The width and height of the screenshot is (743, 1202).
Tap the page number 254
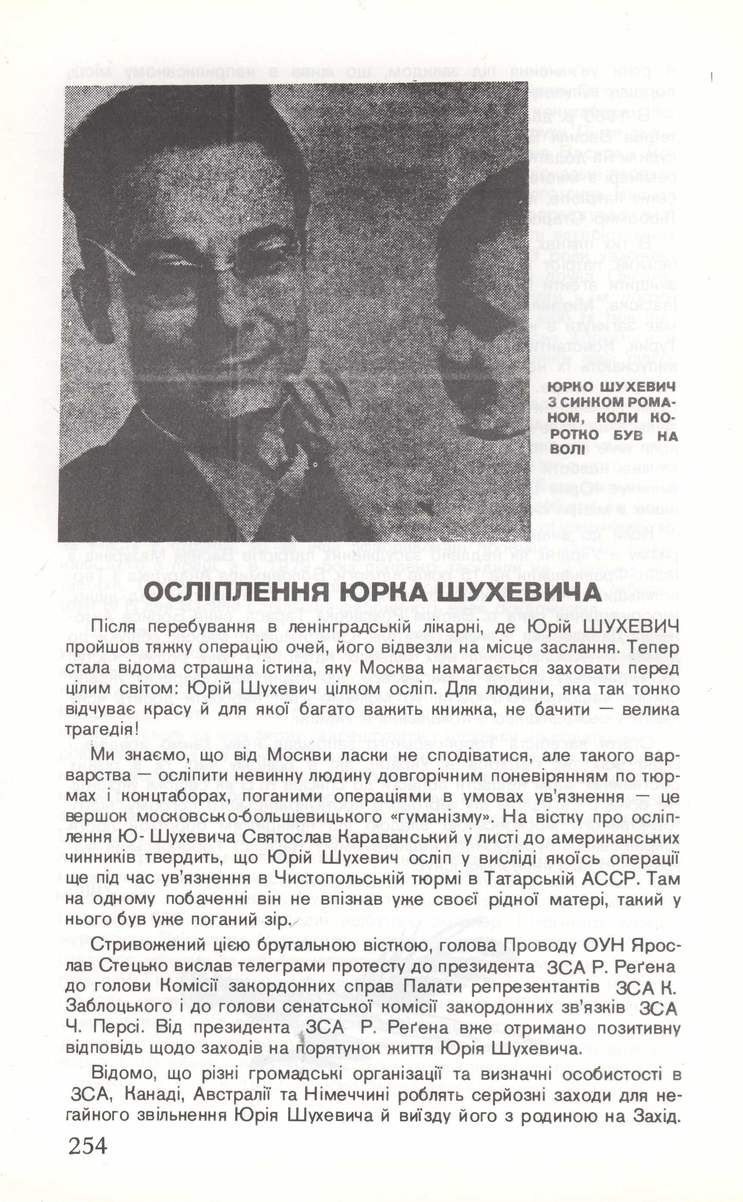(88, 1173)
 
